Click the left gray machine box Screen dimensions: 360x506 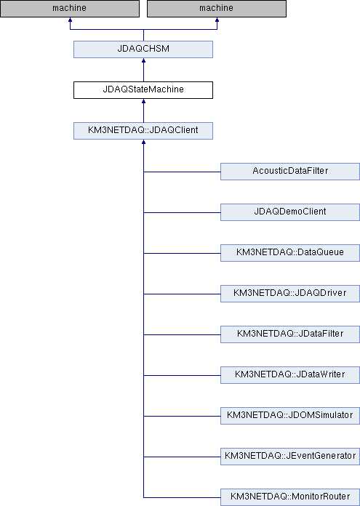point(70,9)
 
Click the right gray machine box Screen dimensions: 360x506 point(217,9)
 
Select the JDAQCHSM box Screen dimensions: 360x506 point(143,49)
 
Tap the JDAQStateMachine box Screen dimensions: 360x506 point(143,90)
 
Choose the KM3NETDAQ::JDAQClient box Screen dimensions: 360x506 point(143,131)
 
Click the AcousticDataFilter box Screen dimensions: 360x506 point(290,172)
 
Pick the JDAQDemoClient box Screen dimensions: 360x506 point(290,212)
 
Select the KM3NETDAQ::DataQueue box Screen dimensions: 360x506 point(290,253)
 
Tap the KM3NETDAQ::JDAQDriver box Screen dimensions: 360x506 point(290,293)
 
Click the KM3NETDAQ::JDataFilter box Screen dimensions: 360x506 point(290,334)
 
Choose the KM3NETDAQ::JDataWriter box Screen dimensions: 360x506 point(290,374)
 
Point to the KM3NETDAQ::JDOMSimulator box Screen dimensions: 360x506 point(290,415)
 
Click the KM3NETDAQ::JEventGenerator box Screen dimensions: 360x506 point(290,456)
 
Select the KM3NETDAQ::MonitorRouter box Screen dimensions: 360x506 point(290,497)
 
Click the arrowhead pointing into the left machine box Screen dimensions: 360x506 point(70,20)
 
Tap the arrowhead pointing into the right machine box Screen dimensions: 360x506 point(217,20)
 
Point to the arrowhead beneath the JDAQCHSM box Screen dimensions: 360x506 point(143,60)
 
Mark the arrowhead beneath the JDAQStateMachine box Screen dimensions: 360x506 point(143,101)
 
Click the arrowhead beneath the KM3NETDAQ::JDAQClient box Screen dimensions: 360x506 point(143,142)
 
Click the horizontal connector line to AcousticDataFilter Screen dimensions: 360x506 point(182,172)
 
